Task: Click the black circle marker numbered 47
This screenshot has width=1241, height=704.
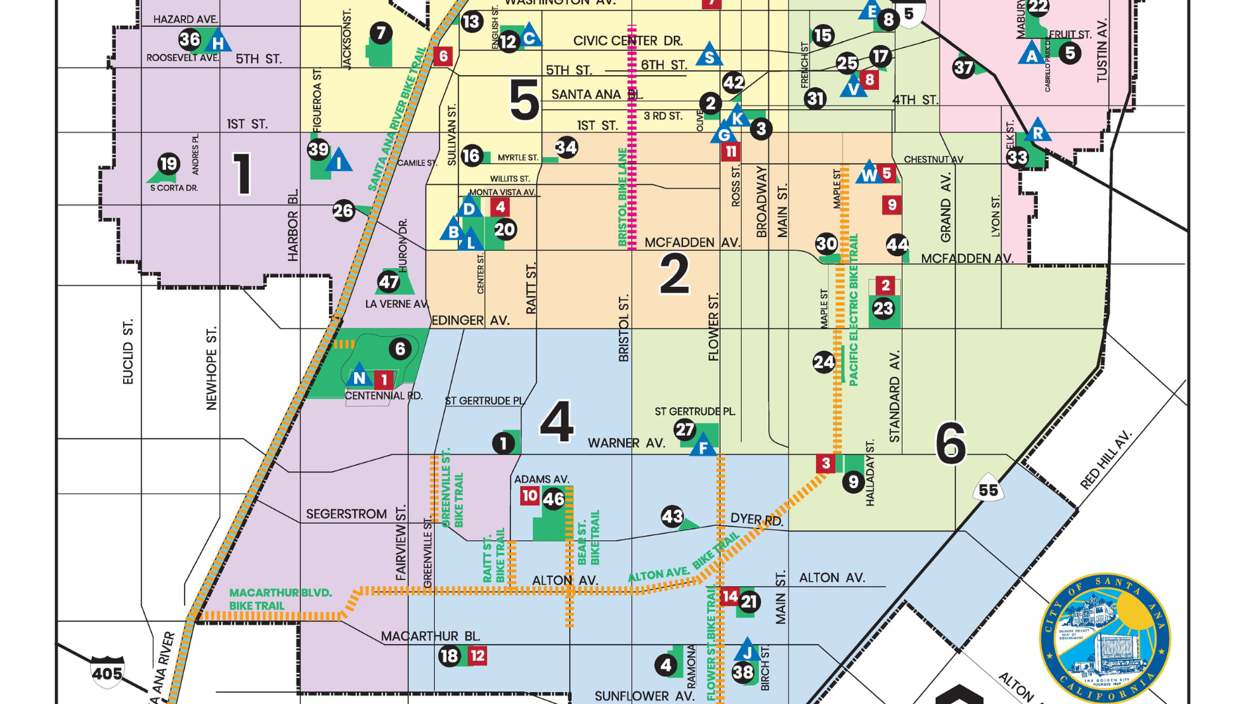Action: (x=389, y=282)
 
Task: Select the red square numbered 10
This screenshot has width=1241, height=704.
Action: (x=529, y=495)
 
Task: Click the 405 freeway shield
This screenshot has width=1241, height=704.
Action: (x=107, y=672)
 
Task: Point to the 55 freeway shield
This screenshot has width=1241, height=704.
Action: (x=988, y=489)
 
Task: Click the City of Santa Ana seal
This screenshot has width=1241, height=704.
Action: (x=1105, y=638)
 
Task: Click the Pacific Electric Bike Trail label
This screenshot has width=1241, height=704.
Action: (x=854, y=310)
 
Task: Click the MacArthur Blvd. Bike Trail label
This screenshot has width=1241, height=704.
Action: (x=281, y=599)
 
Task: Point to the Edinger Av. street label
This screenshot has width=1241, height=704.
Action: (x=471, y=321)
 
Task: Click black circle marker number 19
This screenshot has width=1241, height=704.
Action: (x=169, y=163)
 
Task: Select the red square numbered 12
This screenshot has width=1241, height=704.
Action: (x=477, y=656)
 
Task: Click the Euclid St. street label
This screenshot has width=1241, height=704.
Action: (x=128, y=352)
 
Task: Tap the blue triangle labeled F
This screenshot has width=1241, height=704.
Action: (x=704, y=447)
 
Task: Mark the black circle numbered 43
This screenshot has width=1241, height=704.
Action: (x=672, y=516)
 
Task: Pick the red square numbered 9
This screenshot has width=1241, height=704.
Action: (x=892, y=205)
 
